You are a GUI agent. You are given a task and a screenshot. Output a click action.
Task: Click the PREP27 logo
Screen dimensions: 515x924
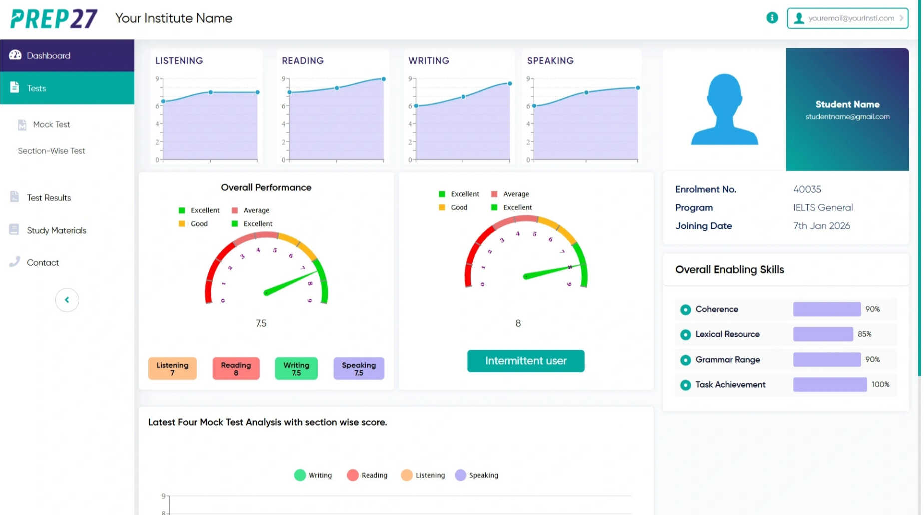[54, 19]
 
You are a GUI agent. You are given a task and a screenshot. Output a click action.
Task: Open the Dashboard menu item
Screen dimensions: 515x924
[48, 56]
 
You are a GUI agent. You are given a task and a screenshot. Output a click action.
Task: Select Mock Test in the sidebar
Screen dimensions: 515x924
[51, 124]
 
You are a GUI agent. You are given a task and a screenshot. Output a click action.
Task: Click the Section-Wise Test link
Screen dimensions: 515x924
[51, 151]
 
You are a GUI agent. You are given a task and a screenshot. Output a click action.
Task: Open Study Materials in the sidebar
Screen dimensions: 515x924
[56, 230]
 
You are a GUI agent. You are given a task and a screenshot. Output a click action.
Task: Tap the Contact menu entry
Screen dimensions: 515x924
[43, 263]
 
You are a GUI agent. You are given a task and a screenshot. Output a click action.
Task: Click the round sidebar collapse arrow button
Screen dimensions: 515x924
[67, 300]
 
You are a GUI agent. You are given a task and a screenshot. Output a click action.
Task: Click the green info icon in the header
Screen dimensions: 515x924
[772, 18]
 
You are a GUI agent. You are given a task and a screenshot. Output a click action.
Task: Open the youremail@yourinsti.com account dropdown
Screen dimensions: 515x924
[847, 18]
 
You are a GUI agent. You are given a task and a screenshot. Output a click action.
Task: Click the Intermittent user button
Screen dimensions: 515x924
[525, 361]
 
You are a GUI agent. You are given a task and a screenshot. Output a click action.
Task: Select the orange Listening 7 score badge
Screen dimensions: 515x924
[172, 369]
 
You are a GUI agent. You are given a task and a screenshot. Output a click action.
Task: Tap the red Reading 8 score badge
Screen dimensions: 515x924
[236, 369]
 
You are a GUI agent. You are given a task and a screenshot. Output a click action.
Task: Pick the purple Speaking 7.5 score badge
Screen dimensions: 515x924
[358, 369]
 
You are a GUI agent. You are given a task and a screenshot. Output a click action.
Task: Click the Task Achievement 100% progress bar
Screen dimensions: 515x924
[830, 385]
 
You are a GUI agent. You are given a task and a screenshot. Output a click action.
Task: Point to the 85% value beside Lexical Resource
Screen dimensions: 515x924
[864, 334]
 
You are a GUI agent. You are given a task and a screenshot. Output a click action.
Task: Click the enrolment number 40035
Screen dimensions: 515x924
[807, 189]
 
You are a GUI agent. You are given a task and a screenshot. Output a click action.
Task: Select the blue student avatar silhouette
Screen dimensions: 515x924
[724, 110]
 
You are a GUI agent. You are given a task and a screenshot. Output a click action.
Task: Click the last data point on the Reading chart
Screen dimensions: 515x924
[384, 79]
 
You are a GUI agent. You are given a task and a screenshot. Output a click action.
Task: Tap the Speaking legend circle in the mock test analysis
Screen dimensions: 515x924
[460, 475]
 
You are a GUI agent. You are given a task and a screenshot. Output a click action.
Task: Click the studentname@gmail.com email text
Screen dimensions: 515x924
[847, 117]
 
